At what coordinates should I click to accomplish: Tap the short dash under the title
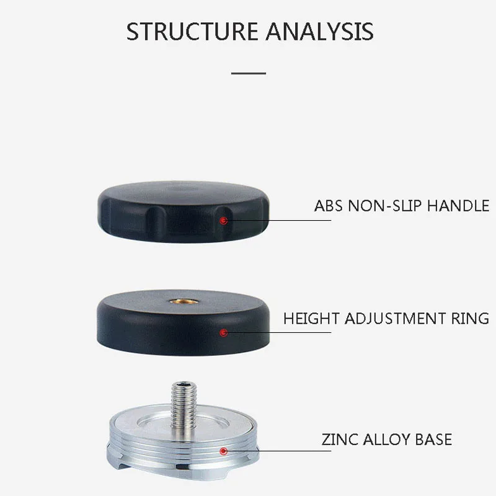tap(248, 73)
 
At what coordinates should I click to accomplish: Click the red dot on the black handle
tap(224, 219)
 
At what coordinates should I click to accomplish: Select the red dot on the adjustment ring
tap(224, 333)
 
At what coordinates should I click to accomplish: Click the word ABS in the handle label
tap(327, 205)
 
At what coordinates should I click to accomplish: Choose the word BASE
tap(434, 440)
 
